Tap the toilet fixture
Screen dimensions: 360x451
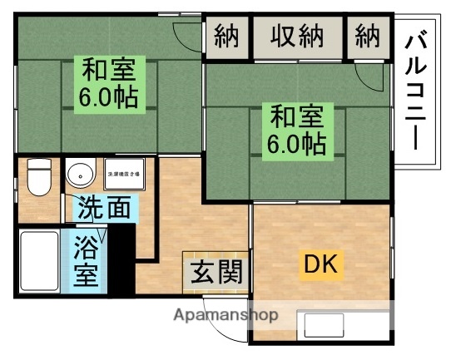[37, 177]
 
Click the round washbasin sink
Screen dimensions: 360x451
[81, 175]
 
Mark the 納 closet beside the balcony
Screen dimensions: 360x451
[367, 37]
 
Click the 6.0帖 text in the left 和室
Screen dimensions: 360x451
[108, 96]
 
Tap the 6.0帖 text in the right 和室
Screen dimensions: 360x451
[295, 144]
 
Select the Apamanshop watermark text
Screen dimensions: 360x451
[225, 315]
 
